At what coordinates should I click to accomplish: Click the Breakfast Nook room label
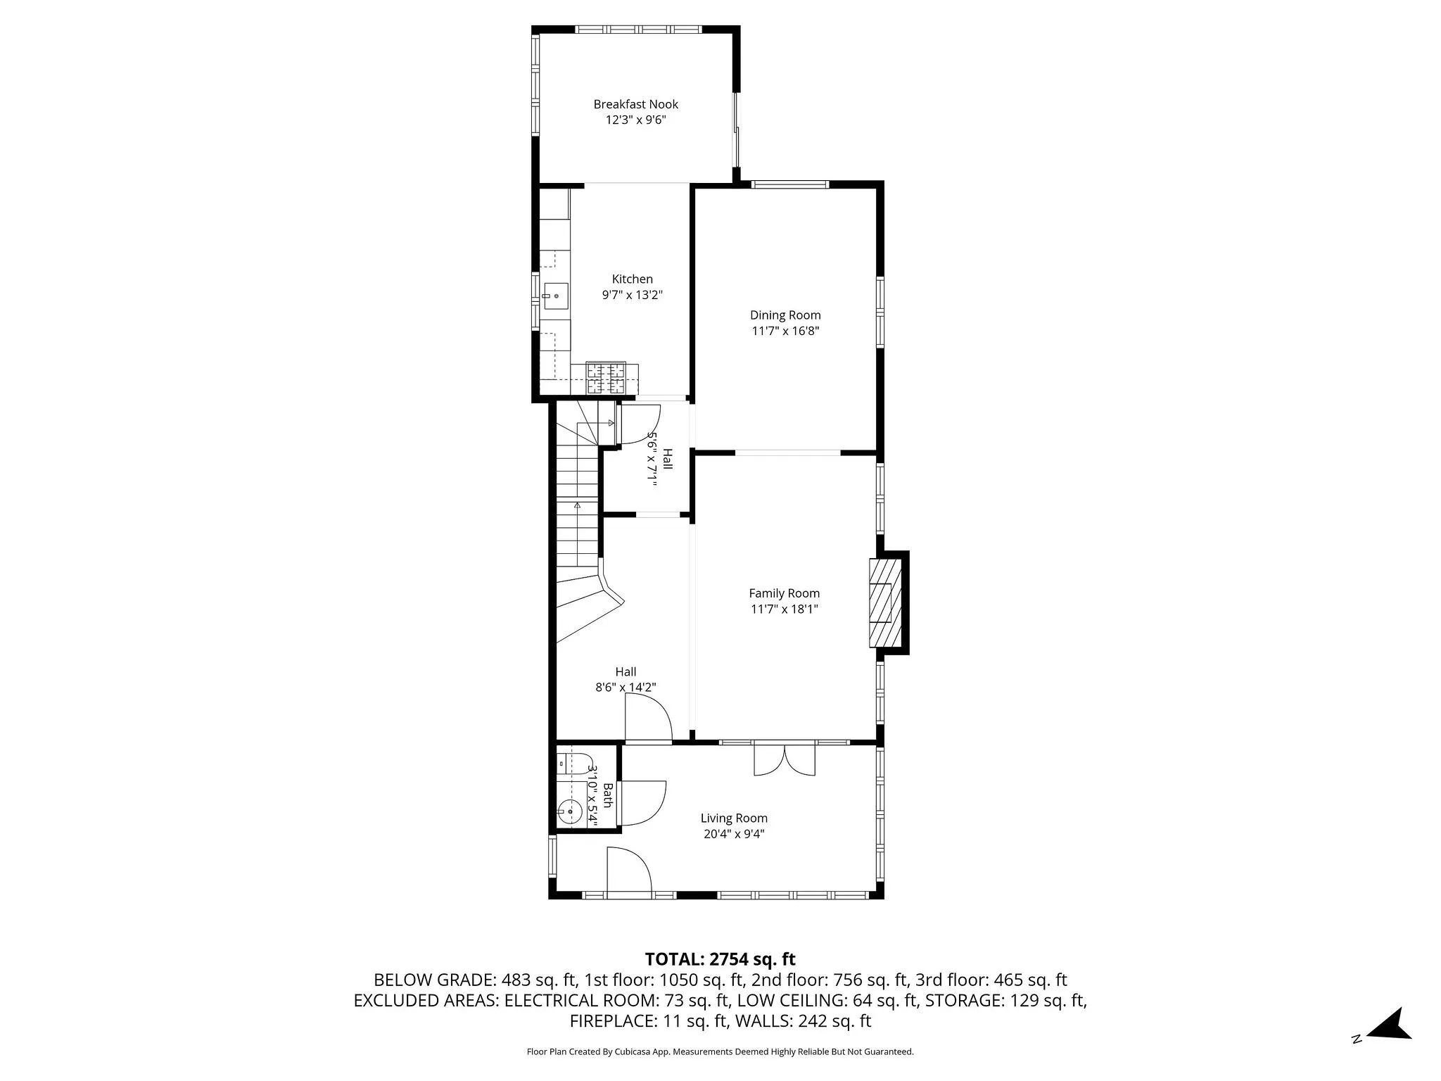pyautogui.click(x=635, y=104)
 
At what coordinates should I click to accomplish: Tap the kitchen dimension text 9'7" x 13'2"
pyautogui.click(x=632, y=295)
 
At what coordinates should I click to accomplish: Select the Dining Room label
pyautogui.click(x=785, y=315)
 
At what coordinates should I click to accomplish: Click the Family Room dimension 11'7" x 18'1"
pyautogui.click(x=784, y=609)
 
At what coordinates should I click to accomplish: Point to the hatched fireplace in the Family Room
pyautogui.click(x=885, y=602)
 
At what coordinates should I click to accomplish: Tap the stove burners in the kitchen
pyautogui.click(x=606, y=378)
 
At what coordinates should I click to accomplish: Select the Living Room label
pyautogui.click(x=734, y=818)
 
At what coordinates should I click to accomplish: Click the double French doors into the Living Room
pyautogui.click(x=785, y=760)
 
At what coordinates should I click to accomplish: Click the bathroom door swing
pyautogui.click(x=642, y=804)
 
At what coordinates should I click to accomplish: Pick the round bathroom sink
pyautogui.click(x=569, y=811)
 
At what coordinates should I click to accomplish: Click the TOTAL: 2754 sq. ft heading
pyautogui.click(x=720, y=959)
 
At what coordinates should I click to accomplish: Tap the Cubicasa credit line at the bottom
pyautogui.click(x=720, y=1052)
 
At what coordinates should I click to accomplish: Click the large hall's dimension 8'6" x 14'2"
pyautogui.click(x=626, y=688)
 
